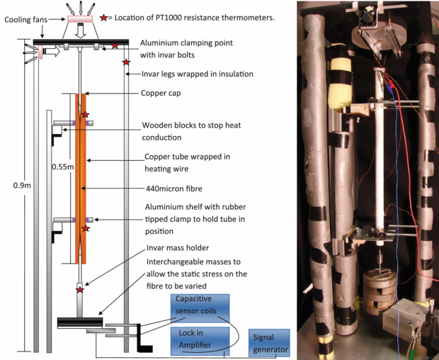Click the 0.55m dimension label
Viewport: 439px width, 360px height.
tap(62, 167)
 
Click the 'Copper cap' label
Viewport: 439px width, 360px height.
tap(164, 94)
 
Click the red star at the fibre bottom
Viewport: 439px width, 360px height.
tap(80, 289)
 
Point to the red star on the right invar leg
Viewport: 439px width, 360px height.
tap(126, 63)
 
